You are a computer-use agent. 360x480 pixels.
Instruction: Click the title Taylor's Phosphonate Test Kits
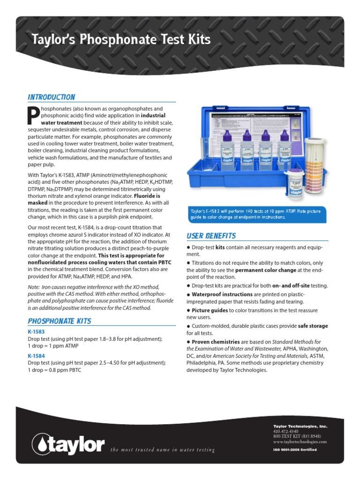(x=120, y=39)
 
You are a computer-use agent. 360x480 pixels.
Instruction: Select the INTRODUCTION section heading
(x=51, y=97)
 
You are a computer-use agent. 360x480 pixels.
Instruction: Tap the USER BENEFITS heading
(x=211, y=235)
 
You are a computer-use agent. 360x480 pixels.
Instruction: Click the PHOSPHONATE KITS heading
(x=59, y=321)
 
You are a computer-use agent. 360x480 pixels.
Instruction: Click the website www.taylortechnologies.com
(x=300, y=442)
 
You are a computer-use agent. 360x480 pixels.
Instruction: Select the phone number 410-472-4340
(x=286, y=431)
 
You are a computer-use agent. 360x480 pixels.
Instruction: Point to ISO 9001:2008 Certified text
(x=295, y=450)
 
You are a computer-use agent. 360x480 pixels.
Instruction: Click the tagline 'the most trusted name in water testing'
(x=162, y=450)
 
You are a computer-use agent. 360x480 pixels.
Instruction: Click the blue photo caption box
(x=257, y=214)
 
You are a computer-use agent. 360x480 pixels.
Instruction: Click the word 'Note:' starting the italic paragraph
(x=34, y=286)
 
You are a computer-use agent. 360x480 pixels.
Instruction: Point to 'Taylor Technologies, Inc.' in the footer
(x=300, y=426)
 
